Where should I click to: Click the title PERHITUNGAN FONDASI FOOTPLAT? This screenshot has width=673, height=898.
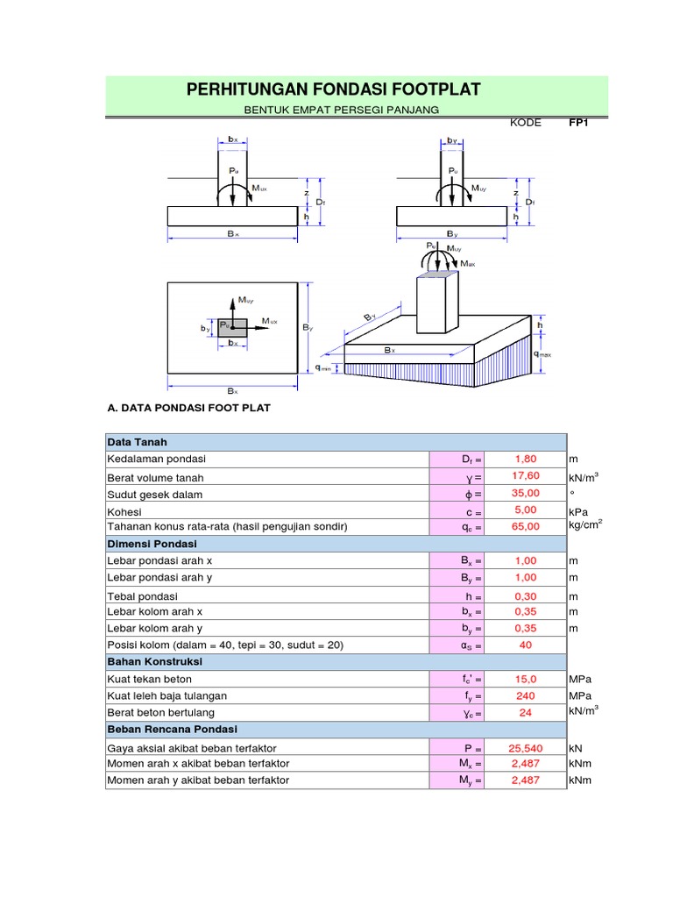pos(334,89)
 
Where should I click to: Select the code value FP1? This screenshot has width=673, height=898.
pos(577,123)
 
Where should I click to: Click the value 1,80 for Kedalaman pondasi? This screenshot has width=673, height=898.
pos(526,459)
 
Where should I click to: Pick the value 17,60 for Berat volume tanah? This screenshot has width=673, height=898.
pos(526,476)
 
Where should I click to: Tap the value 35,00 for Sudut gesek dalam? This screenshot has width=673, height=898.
pos(526,494)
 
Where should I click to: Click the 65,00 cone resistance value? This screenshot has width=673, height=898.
pos(526,526)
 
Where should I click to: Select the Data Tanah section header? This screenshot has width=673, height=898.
pos(138,441)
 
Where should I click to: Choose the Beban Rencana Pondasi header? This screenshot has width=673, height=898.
pos(172,729)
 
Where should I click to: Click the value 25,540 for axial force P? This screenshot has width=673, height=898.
pos(526,748)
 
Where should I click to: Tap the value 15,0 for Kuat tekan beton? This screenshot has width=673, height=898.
pos(526,679)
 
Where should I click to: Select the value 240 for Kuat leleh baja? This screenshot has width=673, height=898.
pos(526,696)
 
